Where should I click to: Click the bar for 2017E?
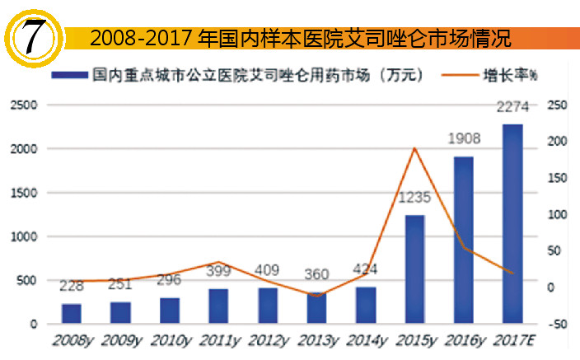[512, 224]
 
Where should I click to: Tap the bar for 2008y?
[71, 314]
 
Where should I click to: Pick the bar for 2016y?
[463, 241]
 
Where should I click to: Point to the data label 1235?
[414, 198]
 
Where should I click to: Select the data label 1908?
[463, 139]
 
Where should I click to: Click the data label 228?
[71, 287]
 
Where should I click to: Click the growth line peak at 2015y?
[414, 149]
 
